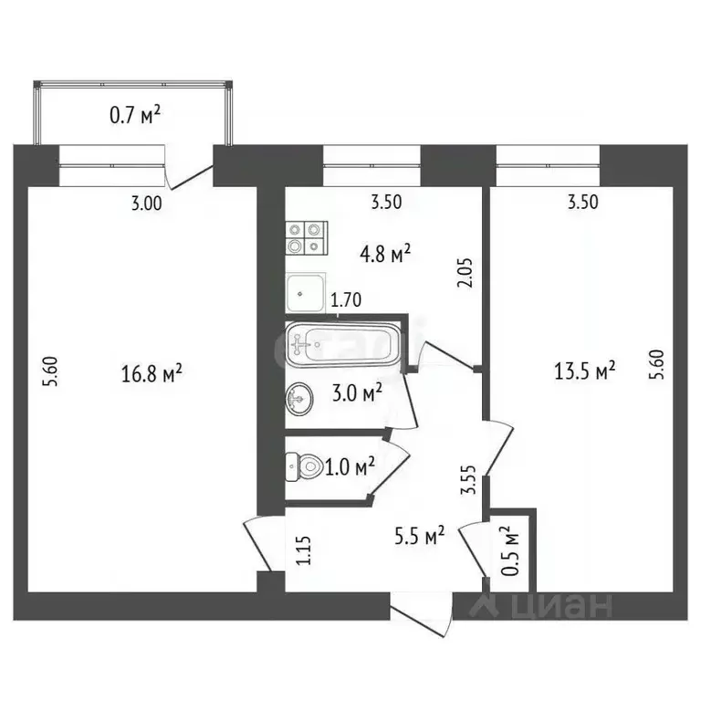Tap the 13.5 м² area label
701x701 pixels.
pyautogui.click(x=585, y=371)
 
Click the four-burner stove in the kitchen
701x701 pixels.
pyautogui.click(x=305, y=238)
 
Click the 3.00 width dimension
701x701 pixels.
pyautogui.click(x=146, y=204)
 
